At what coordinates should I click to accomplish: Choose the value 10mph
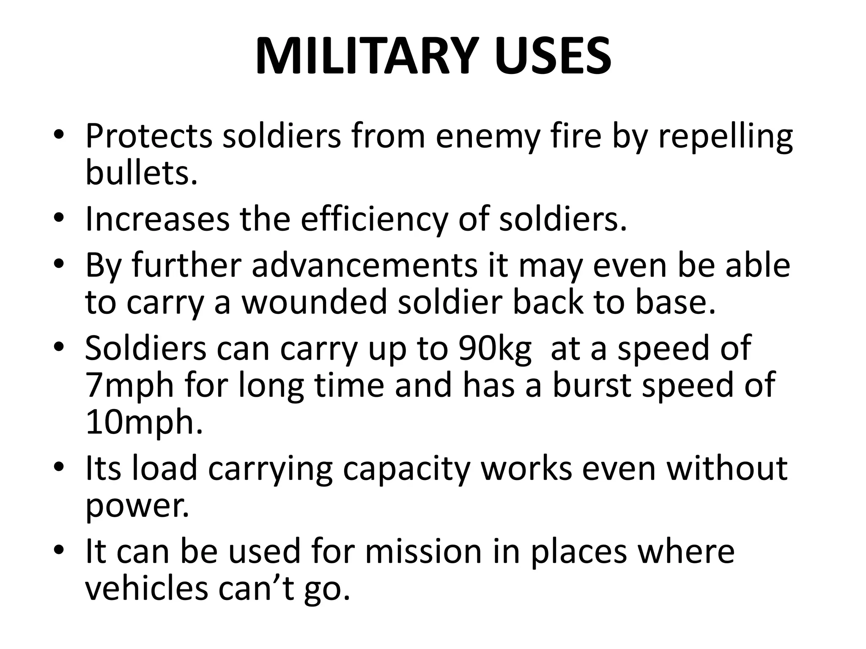click(144, 423)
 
